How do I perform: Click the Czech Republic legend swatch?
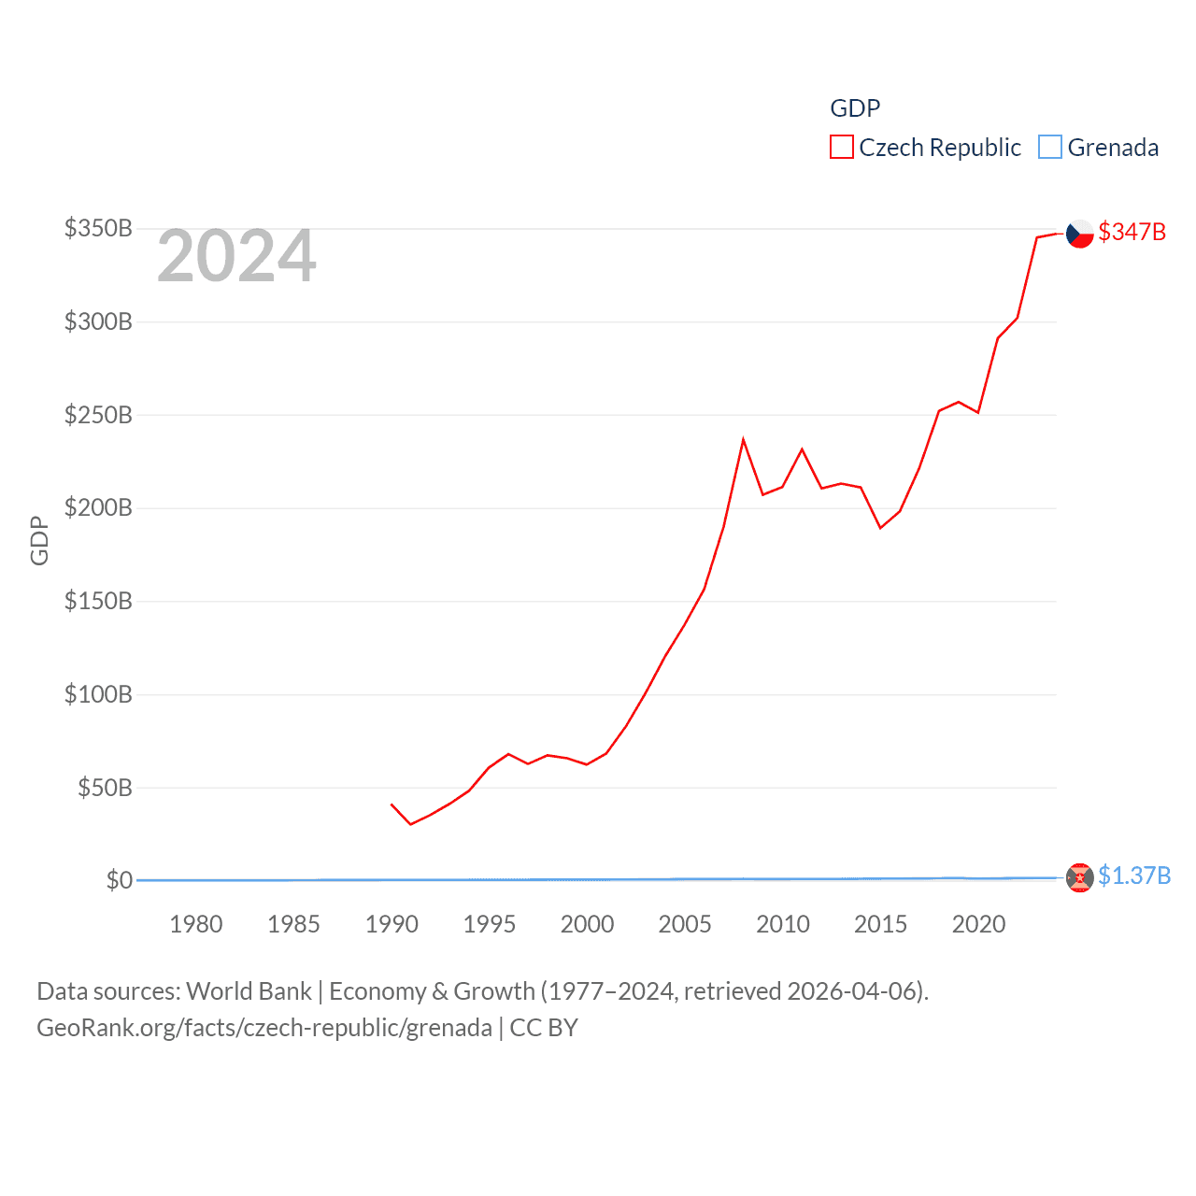[x=841, y=148]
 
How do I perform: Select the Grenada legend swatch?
[x=1050, y=148]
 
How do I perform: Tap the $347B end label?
[x=1132, y=232]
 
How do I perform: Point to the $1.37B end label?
[x=1133, y=876]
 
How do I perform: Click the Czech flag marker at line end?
[x=1079, y=233]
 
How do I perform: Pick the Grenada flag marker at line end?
[x=1079, y=877]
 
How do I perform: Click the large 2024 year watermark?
[x=236, y=256]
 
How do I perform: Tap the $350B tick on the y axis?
[x=98, y=228]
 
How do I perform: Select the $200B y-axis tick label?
[x=98, y=507]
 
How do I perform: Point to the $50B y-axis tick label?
[x=105, y=788]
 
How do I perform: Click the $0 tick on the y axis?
[x=119, y=880]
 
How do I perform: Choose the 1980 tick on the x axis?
[x=196, y=924]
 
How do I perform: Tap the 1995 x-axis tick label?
[x=490, y=924]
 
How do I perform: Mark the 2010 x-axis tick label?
[x=783, y=924]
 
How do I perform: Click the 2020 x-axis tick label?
[x=978, y=924]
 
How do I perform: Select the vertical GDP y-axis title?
[x=39, y=540]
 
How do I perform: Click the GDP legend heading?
[x=855, y=108]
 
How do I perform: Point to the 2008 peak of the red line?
[x=743, y=439]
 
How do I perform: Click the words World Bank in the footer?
[x=249, y=990]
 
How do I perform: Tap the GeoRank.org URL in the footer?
[x=264, y=1028]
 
